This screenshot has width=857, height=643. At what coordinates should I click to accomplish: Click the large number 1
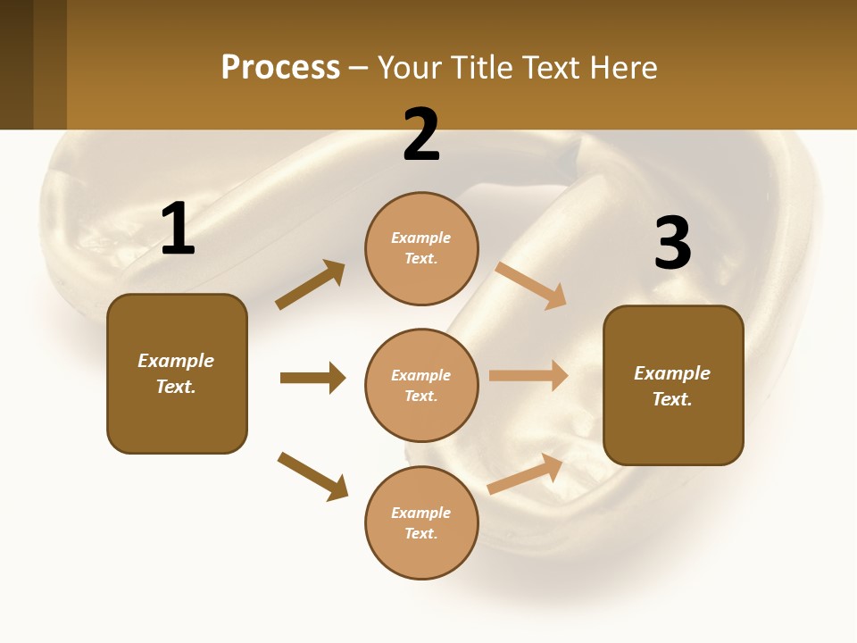coord(178,230)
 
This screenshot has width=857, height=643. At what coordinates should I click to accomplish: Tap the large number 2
coord(421,135)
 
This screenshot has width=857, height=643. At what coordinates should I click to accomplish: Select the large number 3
coord(672,244)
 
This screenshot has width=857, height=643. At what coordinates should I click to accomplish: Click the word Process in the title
coord(280,67)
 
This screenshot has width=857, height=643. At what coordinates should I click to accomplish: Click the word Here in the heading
coord(623,67)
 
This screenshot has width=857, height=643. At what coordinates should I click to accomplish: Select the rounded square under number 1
coord(177,373)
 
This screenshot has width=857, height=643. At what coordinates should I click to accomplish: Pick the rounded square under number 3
coord(673,385)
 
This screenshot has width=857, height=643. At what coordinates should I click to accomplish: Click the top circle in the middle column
coord(421,248)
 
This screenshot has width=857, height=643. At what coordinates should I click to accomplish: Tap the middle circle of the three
coord(421,385)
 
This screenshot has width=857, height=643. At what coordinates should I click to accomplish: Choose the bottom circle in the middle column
coord(421,522)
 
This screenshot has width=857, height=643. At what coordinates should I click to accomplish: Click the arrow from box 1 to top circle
coord(310,285)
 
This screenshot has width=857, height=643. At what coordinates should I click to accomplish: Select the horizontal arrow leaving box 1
coord(312,378)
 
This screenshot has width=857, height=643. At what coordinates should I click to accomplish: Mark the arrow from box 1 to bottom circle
coord(312,476)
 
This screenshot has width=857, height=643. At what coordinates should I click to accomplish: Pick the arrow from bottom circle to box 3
coord(526,474)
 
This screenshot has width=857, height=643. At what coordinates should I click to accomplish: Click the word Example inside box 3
coord(672,373)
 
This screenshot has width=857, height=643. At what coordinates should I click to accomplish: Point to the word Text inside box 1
coord(176,387)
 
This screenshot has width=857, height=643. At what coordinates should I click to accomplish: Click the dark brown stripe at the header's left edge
coord(16,64)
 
